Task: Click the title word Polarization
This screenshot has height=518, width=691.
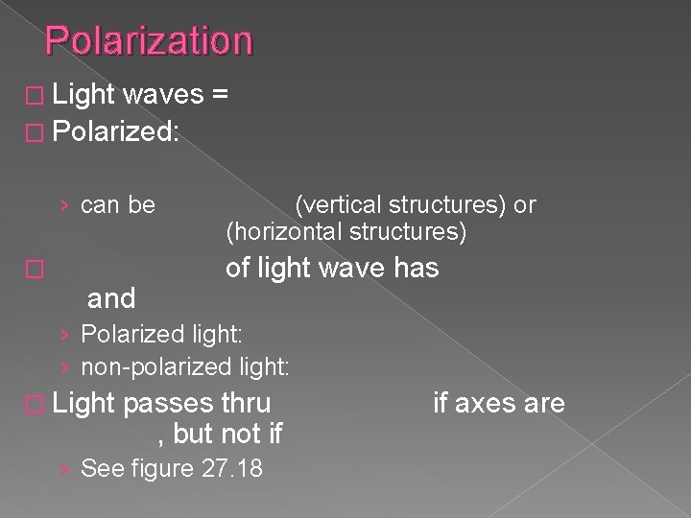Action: (149, 41)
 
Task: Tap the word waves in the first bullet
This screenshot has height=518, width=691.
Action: (162, 94)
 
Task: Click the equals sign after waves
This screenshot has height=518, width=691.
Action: (219, 94)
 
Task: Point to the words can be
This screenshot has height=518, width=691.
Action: (118, 204)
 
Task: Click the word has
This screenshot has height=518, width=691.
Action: (416, 269)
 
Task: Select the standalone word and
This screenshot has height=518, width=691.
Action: (111, 299)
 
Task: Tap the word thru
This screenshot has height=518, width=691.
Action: (246, 403)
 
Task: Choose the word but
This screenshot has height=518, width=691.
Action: (195, 434)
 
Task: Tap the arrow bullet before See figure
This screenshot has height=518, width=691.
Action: (63, 469)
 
